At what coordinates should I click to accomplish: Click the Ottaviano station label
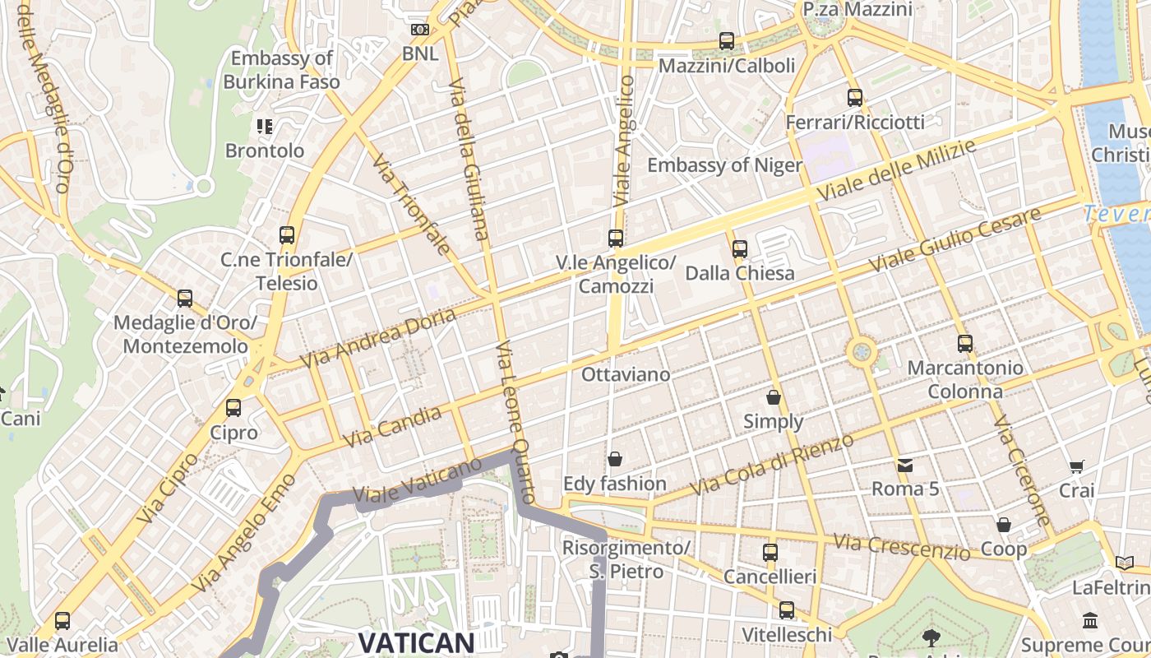[626, 374]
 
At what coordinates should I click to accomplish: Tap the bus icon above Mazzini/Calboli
[726, 40]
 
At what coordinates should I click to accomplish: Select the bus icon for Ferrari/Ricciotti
[855, 98]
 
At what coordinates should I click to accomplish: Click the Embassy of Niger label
[724, 165]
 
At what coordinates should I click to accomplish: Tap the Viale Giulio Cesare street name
[955, 239]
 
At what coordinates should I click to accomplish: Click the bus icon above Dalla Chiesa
[740, 248]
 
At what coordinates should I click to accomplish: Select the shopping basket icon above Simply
[773, 398]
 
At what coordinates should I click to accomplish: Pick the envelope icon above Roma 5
[905, 466]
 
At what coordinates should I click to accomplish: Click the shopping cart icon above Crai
[1077, 467]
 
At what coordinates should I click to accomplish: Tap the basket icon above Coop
[1003, 525]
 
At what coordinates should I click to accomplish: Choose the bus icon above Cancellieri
[770, 553]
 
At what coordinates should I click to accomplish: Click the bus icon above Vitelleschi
[787, 610]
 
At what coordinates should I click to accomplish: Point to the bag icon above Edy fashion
[614, 459]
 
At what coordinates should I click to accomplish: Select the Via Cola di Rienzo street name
[772, 465]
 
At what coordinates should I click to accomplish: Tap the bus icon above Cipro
[233, 408]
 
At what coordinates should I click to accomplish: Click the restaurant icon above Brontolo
[265, 127]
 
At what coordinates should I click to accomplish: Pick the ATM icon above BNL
[420, 30]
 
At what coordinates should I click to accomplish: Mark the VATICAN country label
[417, 642]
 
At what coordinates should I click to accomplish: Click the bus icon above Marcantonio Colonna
[965, 344]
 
